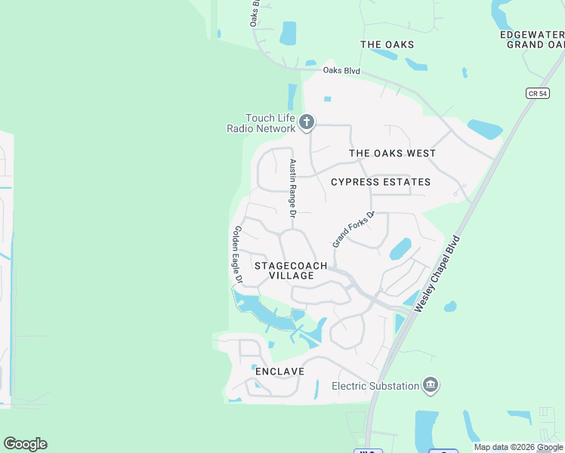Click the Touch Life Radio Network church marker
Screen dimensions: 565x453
click(306, 122)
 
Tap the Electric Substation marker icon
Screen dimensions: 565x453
click(431, 386)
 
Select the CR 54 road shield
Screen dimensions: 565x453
click(536, 93)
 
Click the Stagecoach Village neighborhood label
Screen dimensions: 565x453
click(291, 270)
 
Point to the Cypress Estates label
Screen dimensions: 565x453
click(381, 182)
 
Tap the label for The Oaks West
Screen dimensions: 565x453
click(392, 153)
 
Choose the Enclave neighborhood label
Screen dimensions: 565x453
click(279, 371)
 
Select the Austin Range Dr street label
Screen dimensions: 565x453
click(293, 185)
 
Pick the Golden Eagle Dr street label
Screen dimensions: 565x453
click(237, 254)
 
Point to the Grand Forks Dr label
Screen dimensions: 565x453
click(353, 229)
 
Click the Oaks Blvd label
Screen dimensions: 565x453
click(341, 71)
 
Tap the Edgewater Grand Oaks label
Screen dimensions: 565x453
click(532, 39)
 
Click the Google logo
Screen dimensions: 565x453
click(25, 444)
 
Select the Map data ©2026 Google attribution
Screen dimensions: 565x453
click(518, 447)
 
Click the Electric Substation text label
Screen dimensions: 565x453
click(375, 386)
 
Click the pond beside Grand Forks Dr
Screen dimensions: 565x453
click(400, 248)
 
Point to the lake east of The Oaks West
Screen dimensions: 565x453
click(483, 129)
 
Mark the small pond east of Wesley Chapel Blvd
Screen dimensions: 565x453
click(450, 307)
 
